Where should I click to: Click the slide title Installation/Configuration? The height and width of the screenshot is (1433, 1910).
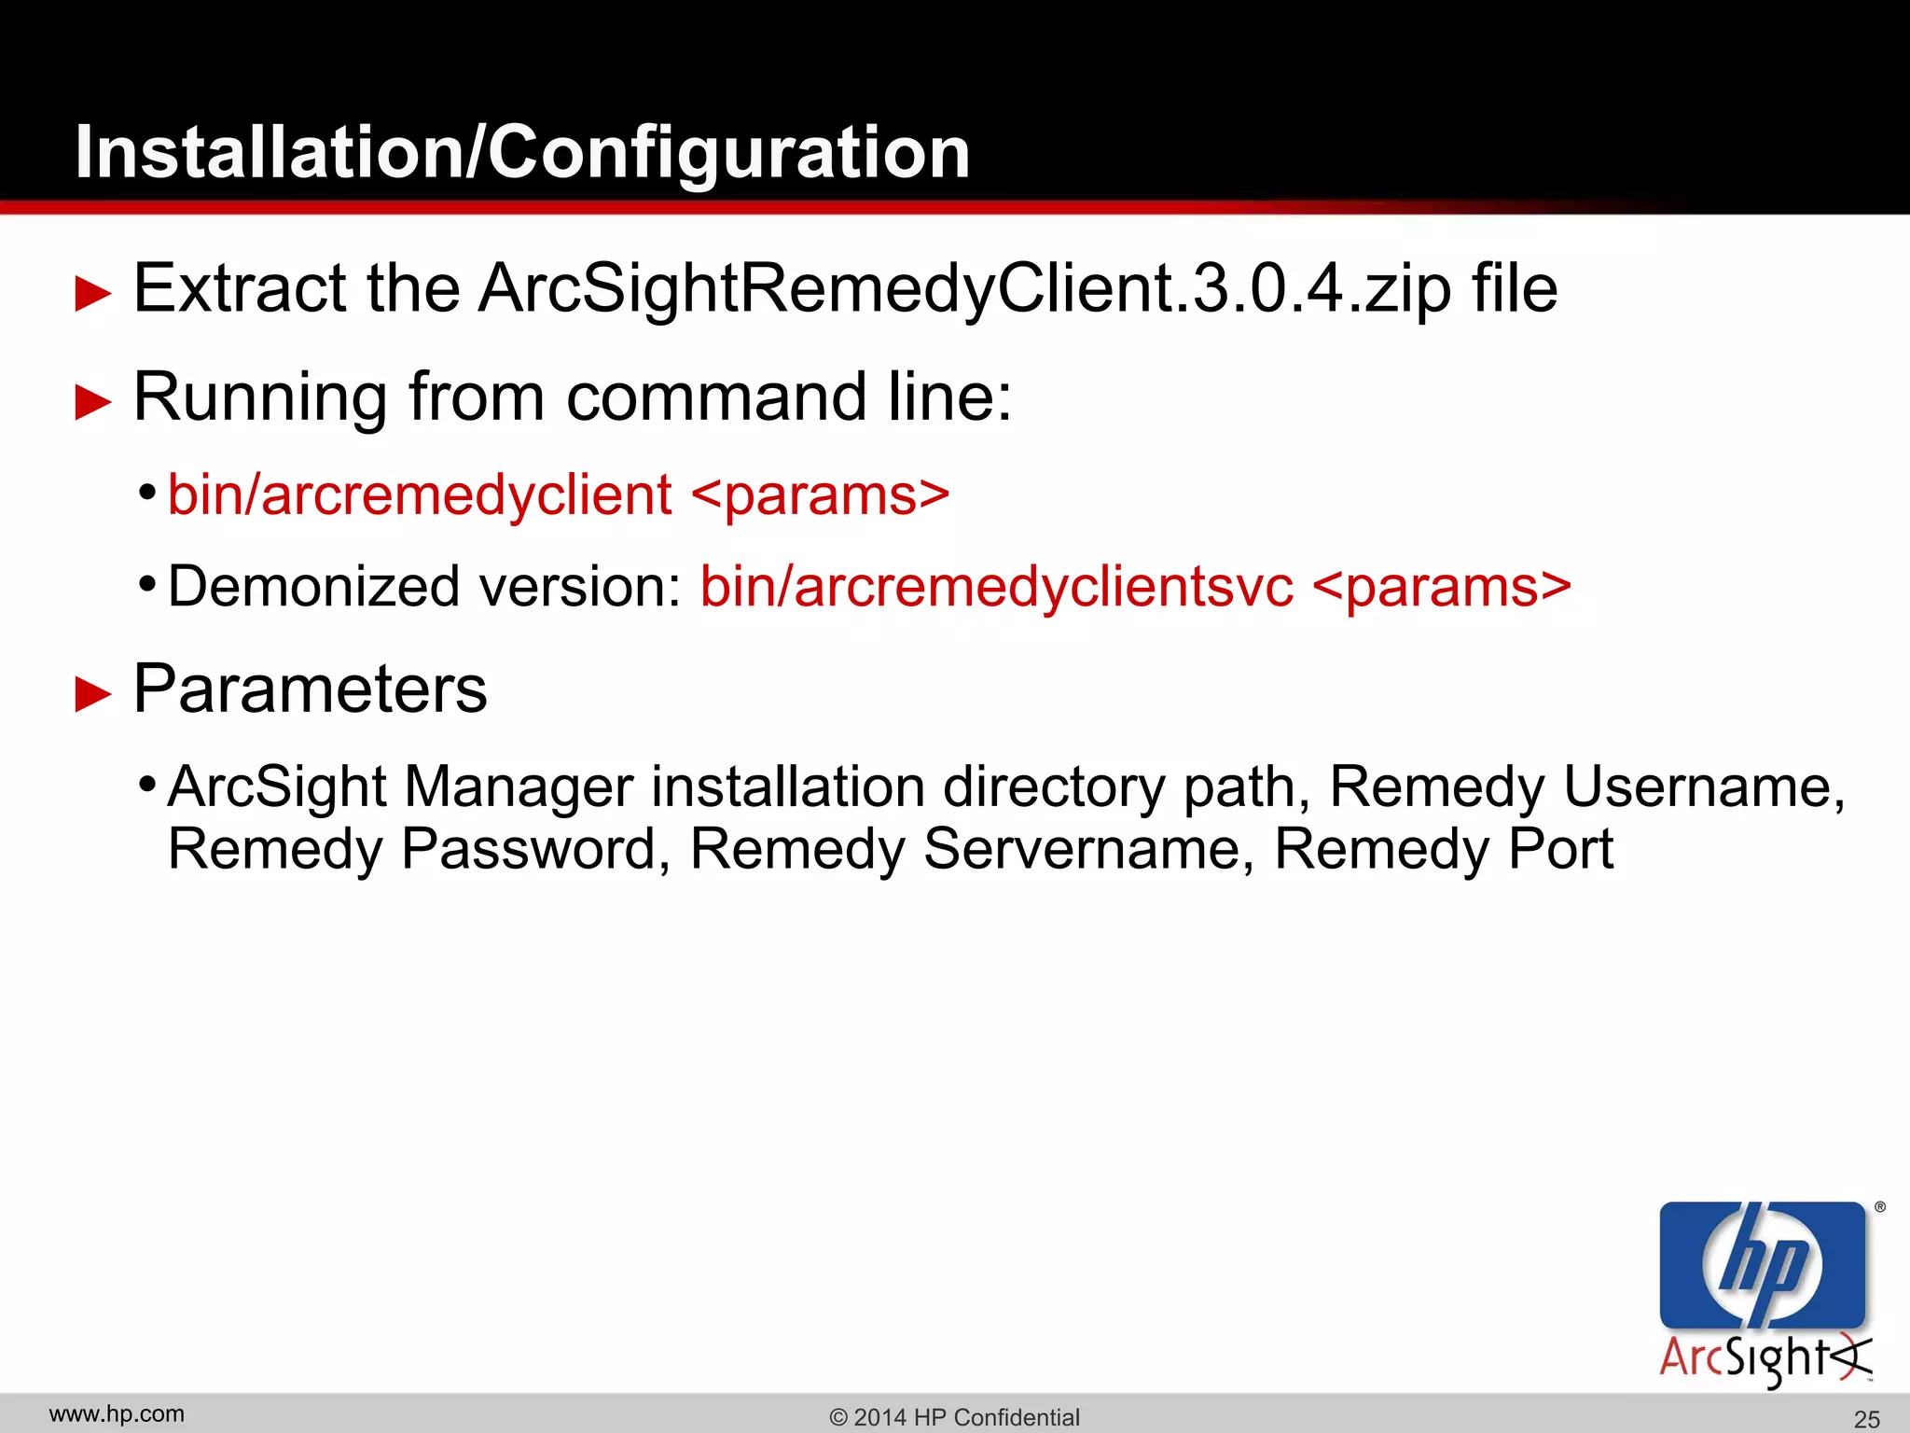pyautogui.click(x=522, y=152)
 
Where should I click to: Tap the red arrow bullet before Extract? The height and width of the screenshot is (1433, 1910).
pyautogui.click(x=92, y=293)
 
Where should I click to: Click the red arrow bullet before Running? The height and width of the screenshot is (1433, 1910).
pyautogui.click(x=92, y=402)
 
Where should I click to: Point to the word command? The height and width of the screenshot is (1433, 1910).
pyautogui.click(x=716, y=397)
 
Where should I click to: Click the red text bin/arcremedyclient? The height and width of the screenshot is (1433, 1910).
pyautogui.click(x=420, y=494)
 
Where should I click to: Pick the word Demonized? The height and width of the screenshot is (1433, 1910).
pyautogui.click(x=314, y=587)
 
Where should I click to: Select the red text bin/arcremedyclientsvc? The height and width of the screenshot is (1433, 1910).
pyautogui.click(x=997, y=587)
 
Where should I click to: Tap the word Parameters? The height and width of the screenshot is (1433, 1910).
pyautogui.click(x=310, y=689)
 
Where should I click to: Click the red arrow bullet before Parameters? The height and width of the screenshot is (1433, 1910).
pyautogui.click(x=92, y=695)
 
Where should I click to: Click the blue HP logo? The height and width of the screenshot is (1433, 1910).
pyautogui.click(x=1762, y=1264)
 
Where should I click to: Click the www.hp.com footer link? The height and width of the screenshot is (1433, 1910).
pyautogui.click(x=117, y=1414)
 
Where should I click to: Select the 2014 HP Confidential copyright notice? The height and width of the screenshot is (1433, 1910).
pyautogui.click(x=954, y=1417)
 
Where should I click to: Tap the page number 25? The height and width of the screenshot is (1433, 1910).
pyautogui.click(x=1866, y=1419)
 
